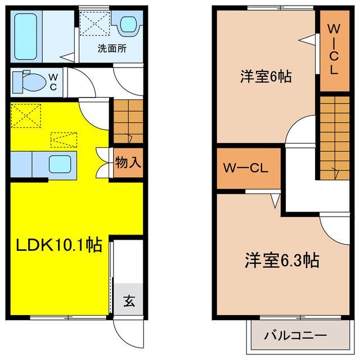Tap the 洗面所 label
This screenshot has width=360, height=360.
pos(112,48)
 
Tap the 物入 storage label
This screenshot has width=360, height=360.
pos(128,163)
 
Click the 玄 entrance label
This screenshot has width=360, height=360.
pos(129,301)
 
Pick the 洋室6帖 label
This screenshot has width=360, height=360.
pos(258,77)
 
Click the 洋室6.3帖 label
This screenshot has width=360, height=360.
pos(282,260)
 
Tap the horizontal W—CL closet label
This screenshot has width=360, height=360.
pos(247,168)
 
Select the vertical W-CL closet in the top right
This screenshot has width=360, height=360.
pos(334,49)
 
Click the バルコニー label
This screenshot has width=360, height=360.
pos(295,336)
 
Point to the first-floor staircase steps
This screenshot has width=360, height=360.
pos(128,121)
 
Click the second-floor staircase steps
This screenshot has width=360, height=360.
pos(335,138)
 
